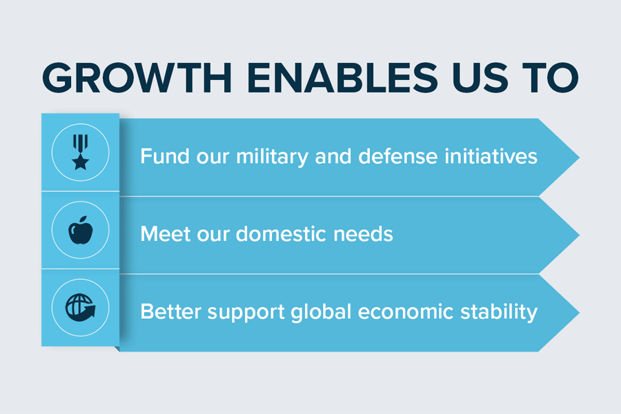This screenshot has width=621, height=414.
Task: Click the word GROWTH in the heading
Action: pos(137,78)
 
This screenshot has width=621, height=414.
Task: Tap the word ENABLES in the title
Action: pos(342,78)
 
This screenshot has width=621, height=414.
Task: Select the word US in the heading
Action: pos(480,78)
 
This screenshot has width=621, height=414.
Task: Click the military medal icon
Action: pos(81,152)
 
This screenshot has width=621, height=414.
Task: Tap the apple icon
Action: pos(81,230)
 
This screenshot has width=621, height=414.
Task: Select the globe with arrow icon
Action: pos(81,308)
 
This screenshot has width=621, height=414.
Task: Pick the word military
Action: pos(272,157)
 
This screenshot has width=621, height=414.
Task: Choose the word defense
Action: pos(397,156)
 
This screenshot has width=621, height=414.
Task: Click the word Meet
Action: pos(165,234)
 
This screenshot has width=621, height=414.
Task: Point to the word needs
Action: pos(363,234)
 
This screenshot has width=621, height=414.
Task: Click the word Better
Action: pos(170,311)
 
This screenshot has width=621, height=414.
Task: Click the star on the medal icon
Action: pos(81,162)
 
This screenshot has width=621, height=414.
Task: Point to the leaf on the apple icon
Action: pos(84,219)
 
